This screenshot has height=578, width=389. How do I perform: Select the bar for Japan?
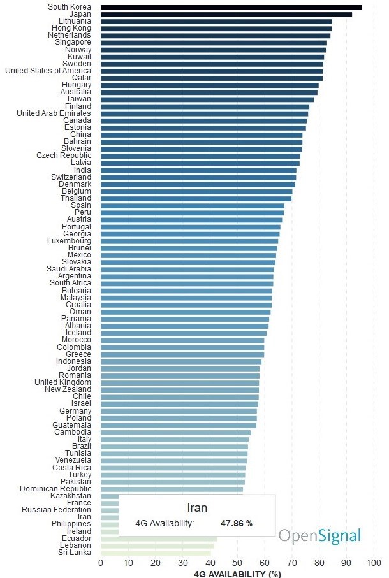tap(226, 14)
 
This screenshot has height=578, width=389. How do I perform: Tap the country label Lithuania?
tap(71, 21)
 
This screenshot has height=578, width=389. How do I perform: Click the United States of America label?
tap(48, 71)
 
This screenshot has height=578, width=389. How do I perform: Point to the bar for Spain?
tap(192, 205)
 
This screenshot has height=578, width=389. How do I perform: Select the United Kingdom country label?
tap(62, 382)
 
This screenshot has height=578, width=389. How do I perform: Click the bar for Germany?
tap(179, 411)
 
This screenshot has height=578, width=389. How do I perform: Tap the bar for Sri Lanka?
tap(156, 553)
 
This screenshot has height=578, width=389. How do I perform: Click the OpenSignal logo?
tap(319, 535)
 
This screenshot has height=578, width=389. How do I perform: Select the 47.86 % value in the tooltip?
tap(237, 523)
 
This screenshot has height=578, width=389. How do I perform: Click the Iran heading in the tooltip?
tap(197, 508)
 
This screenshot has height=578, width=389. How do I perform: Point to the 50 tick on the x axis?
tap(237, 563)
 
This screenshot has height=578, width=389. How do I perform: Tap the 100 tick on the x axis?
tap(374, 563)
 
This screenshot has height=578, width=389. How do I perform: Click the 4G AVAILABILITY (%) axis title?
tap(237, 574)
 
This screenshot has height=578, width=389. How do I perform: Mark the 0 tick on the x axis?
tap(101, 563)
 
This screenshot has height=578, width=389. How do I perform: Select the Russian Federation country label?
tap(56, 510)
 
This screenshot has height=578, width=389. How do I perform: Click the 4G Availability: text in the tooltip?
tap(165, 523)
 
